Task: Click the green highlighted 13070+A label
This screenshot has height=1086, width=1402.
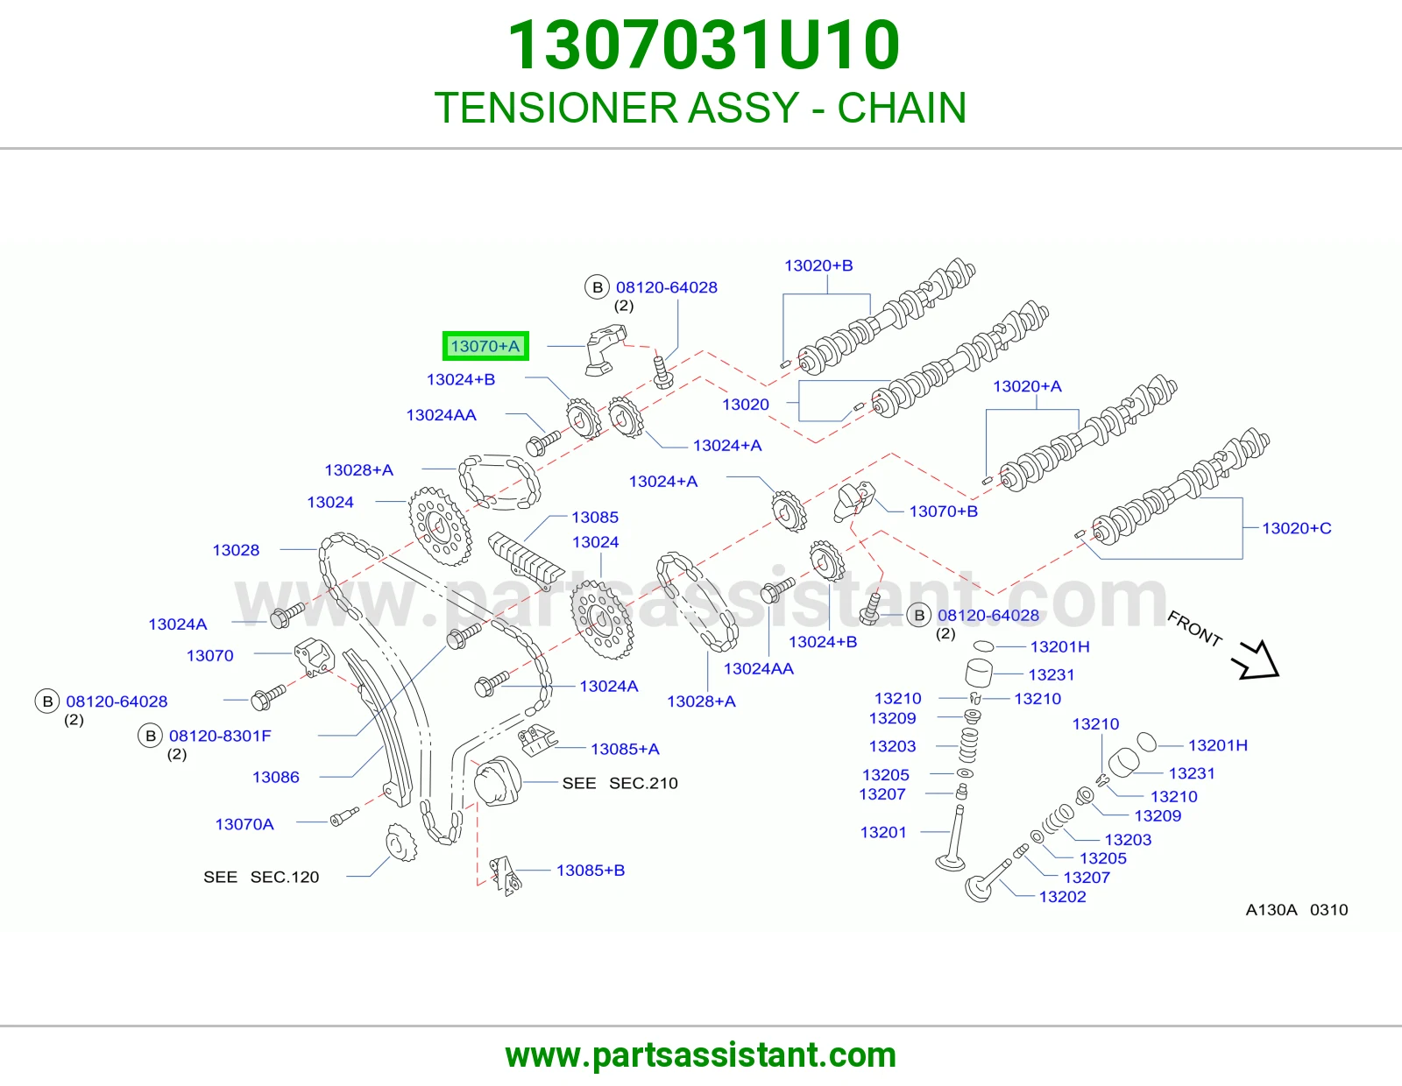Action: pos(485,346)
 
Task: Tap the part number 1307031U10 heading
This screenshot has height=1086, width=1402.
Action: pos(704,45)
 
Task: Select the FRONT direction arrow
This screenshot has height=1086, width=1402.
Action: pos(1256,659)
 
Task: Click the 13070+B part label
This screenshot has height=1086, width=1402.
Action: pos(943,511)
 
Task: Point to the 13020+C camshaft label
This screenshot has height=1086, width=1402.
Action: pos(1296,528)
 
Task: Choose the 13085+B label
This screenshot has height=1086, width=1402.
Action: pos(591,870)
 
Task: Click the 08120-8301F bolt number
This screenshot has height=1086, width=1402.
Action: pos(220,736)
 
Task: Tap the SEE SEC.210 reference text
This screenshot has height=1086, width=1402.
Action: pos(620,783)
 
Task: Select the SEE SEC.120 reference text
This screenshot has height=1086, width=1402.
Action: pos(261,877)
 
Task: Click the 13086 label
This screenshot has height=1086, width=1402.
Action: pos(275,777)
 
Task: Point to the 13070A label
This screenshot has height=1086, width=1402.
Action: pos(244,824)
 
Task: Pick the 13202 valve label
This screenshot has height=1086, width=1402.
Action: pos(1062,897)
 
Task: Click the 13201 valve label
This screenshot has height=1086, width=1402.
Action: pos(882,833)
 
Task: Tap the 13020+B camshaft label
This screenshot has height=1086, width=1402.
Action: pos(818,265)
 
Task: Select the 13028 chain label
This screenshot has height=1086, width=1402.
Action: pos(236,550)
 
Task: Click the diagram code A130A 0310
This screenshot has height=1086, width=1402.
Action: pos(1296,910)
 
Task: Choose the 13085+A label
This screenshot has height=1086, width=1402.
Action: pos(625,749)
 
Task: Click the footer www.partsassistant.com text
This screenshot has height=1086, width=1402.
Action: pos(701,1055)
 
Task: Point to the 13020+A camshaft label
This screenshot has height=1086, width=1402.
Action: pos(1026,386)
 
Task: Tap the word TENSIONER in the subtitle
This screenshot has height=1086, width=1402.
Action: pos(556,108)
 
